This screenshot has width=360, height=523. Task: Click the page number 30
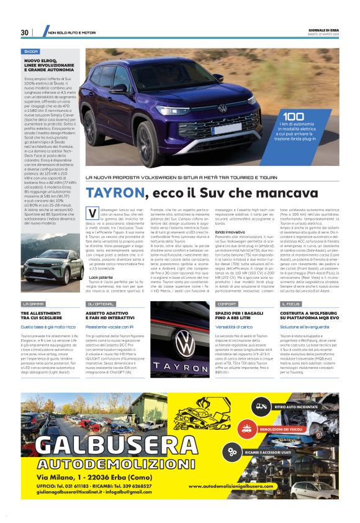[25, 32]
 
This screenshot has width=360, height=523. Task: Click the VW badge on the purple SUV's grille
[222, 108]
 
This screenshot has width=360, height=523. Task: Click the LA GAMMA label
[33, 304]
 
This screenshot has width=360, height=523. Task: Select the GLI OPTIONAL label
[99, 304]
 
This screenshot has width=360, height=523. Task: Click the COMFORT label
[227, 304]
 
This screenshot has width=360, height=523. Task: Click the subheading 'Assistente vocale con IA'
[110, 326]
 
